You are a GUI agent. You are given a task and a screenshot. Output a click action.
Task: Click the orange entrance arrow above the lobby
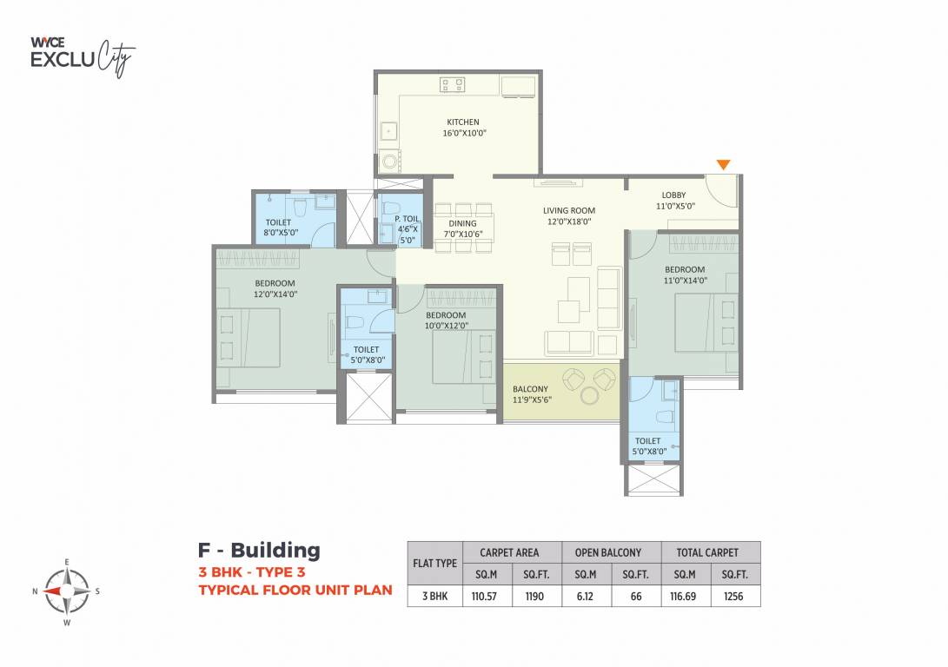pos(723,164)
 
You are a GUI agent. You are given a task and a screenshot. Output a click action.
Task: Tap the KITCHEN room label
pos(462,128)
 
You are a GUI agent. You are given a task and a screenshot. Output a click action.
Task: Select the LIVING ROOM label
pos(569,215)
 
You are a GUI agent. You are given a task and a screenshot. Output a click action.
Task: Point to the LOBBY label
pos(673,201)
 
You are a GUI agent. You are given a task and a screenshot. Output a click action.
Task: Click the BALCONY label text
pos(529,394)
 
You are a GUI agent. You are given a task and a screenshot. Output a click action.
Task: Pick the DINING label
pos(462,229)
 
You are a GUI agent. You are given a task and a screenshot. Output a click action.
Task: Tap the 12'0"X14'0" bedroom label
pos(275,289)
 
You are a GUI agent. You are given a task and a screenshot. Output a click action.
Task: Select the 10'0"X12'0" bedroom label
pos(446,320)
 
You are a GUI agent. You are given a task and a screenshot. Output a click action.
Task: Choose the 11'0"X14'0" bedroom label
pos(686,275)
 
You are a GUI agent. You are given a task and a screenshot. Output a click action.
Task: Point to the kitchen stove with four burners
pos(452,85)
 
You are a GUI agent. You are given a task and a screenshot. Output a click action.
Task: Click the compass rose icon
pos(67,591)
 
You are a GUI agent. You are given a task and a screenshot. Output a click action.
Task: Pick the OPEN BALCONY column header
pos(607,552)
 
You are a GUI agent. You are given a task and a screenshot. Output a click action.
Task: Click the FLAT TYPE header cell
pos(434,563)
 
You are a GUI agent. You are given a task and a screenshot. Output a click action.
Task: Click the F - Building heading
pos(259,551)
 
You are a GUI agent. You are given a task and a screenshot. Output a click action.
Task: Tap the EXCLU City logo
pos(83,56)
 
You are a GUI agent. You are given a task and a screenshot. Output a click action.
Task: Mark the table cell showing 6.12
pos(585,597)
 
